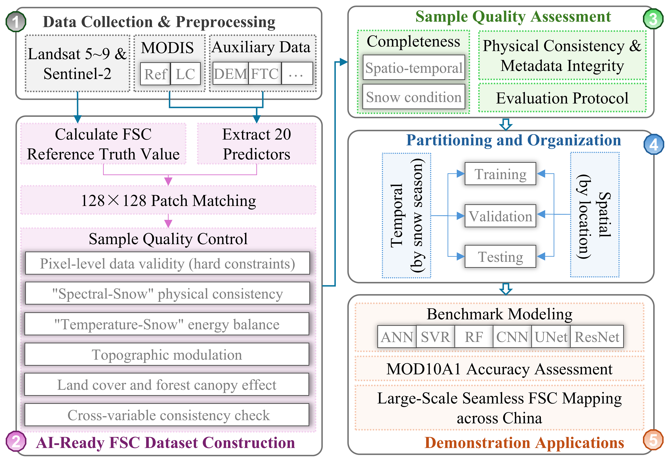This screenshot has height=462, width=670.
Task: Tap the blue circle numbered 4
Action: (x=653, y=145)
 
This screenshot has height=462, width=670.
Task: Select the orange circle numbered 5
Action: (x=653, y=440)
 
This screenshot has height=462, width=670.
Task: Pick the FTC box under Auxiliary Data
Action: (x=265, y=74)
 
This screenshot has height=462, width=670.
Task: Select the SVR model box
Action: (x=435, y=337)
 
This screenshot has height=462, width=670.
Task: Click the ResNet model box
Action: (x=597, y=337)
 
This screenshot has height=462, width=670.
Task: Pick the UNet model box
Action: (x=551, y=337)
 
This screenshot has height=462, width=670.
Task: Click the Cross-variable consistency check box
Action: (x=167, y=415)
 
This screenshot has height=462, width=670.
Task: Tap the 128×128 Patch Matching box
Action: (x=168, y=200)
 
